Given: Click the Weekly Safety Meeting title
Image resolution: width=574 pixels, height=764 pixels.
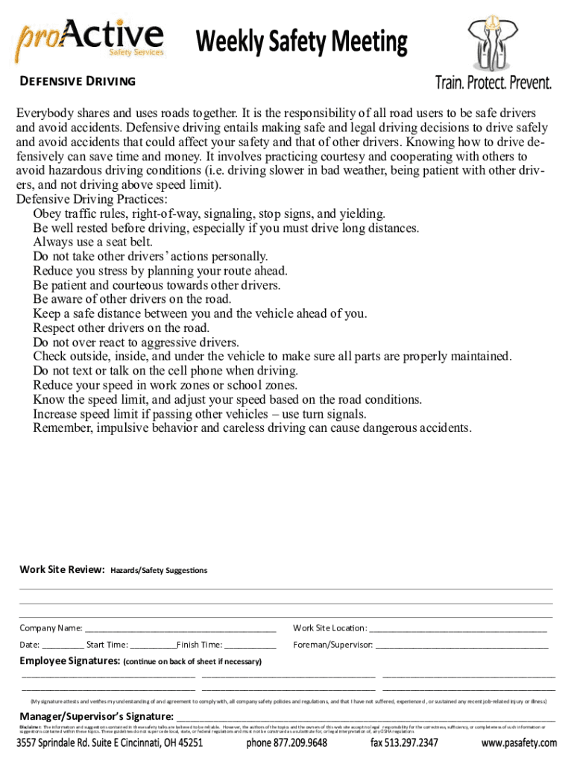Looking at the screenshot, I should click(x=302, y=42).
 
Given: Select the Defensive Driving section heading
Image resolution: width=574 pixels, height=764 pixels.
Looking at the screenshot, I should click(x=77, y=81).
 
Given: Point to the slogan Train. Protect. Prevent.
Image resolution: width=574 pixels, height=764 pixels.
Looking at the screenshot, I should click(x=493, y=82).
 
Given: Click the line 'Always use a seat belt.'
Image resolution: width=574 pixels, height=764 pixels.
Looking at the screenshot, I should click(x=92, y=242).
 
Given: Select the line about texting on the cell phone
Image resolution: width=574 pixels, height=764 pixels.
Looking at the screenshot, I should click(x=165, y=371).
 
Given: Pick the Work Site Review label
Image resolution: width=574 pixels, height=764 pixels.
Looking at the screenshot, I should click(x=61, y=570).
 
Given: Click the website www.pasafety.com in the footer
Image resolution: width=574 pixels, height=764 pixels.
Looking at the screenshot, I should click(x=519, y=743).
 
